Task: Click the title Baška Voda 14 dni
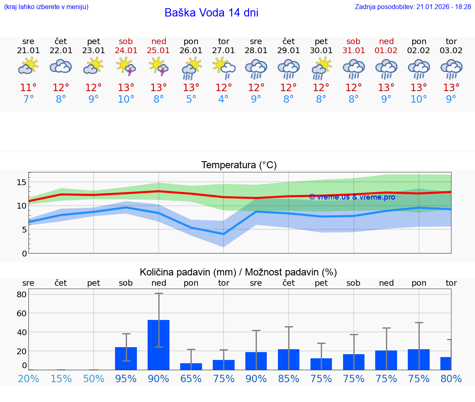tap(211, 13)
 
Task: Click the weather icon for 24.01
tap(126, 66)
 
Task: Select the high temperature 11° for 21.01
tap(28, 88)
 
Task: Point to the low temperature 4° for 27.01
tap(223, 99)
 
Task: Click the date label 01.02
tap(386, 51)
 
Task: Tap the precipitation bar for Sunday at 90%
tap(158, 345)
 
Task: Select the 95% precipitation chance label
tap(126, 378)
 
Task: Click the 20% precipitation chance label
tap(28, 378)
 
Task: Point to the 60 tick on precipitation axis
tap(21, 313)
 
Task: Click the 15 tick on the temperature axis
tap(22, 182)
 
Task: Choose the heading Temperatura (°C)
tap(239, 165)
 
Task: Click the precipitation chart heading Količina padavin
tap(238, 272)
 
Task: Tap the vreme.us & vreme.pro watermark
tap(352, 197)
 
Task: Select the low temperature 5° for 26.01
tap(191, 99)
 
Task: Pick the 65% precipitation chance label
tap(191, 378)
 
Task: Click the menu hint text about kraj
tap(46, 7)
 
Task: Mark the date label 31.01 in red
tap(354, 51)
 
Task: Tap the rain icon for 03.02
tap(451, 69)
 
